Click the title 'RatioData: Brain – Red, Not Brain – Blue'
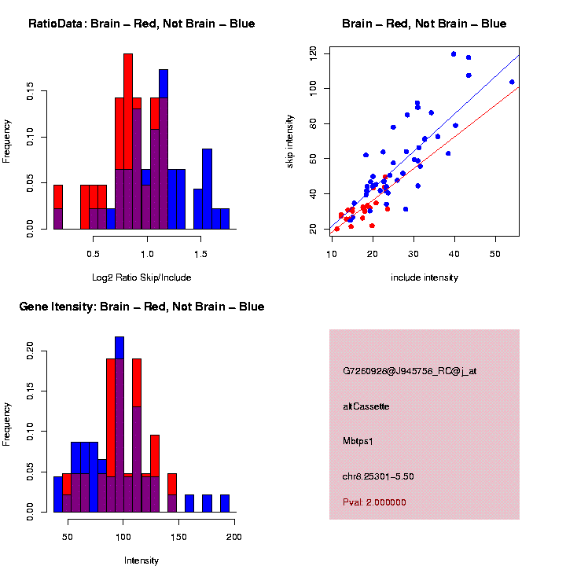coord(141,24)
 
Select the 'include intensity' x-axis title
coord(424,277)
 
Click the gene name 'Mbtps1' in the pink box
coord(358,441)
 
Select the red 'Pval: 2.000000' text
coord(374,502)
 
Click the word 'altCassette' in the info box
coord(366,406)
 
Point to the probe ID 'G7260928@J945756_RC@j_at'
coord(410,370)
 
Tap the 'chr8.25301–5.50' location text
coord(378,476)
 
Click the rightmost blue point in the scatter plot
coord(512,82)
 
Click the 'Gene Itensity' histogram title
coord(141,307)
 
